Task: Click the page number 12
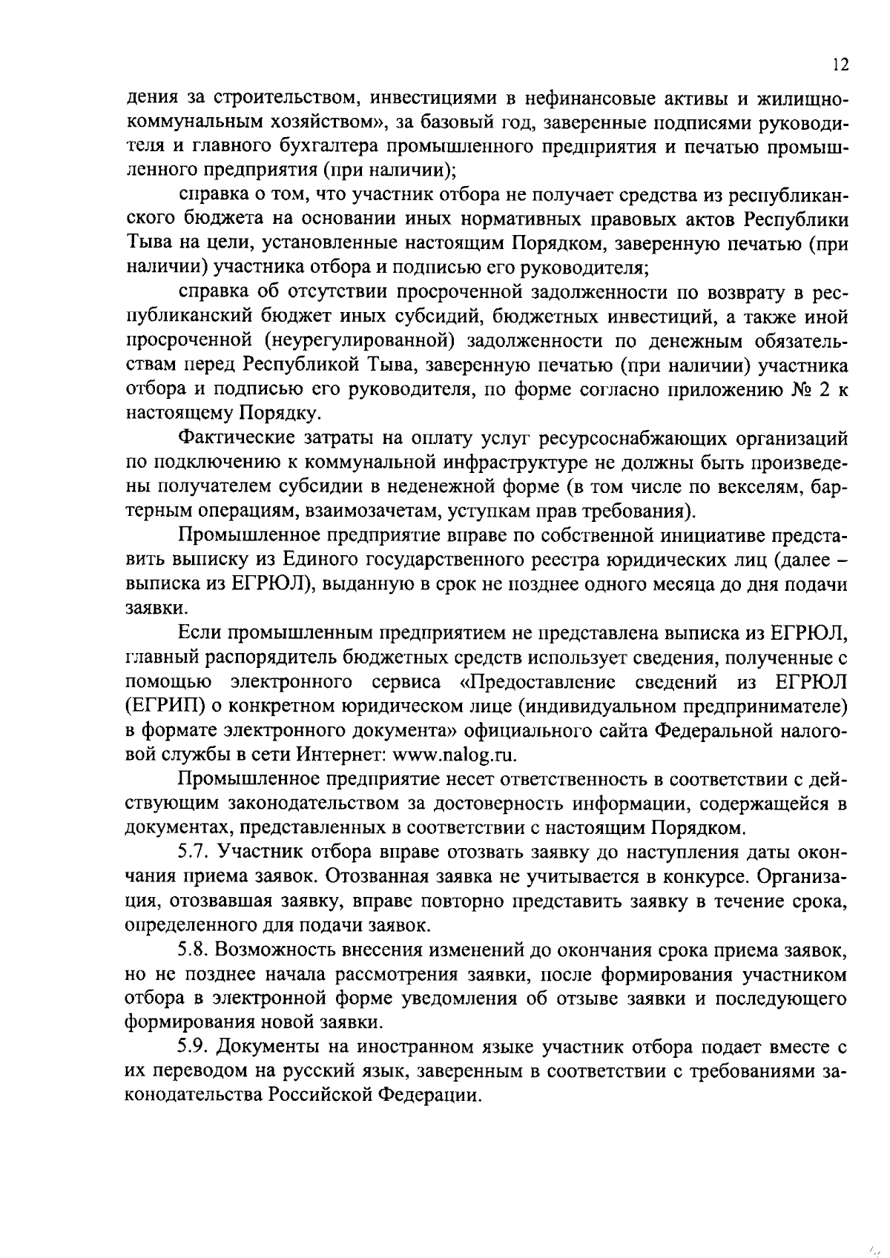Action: point(840,64)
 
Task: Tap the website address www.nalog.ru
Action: point(452,754)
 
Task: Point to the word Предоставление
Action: point(539,681)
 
